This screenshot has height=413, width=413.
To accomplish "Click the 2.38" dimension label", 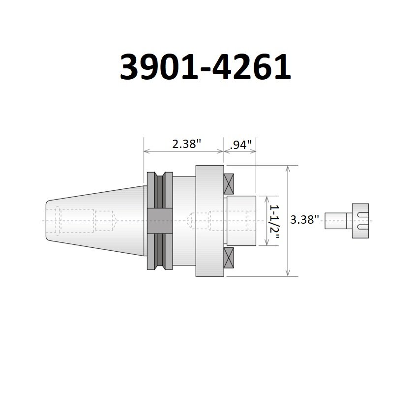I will click(187, 145).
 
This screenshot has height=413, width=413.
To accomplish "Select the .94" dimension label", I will click(241, 145).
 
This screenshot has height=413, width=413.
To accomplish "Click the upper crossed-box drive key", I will click(229, 184).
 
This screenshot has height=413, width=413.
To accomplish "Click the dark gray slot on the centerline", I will click(160, 221).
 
